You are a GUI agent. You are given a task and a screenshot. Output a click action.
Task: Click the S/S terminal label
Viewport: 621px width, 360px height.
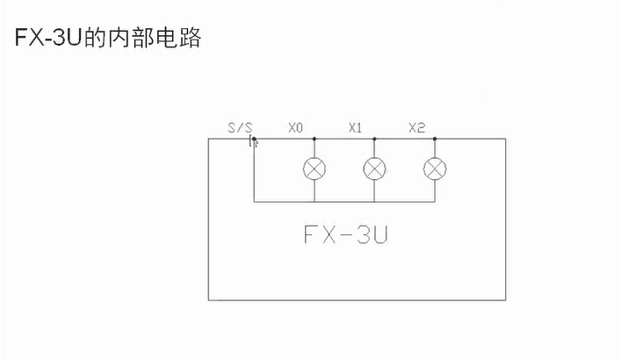pyautogui.click(x=240, y=128)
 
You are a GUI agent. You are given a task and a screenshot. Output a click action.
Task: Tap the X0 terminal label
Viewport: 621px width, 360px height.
pyautogui.click(x=296, y=128)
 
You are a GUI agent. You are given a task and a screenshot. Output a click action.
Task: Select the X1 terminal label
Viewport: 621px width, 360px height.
pyautogui.click(x=356, y=128)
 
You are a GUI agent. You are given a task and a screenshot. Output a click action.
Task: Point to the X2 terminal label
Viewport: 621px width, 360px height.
pyautogui.click(x=417, y=128)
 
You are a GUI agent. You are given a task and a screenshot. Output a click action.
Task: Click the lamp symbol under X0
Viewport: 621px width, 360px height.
pyautogui.click(x=314, y=169)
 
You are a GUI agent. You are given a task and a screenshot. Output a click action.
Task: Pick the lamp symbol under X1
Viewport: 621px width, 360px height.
pyautogui.click(x=375, y=169)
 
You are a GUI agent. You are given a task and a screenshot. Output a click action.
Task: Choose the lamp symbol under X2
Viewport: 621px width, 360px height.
pyautogui.click(x=435, y=169)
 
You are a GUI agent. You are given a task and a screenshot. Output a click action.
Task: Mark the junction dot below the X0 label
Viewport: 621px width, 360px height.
pyautogui.click(x=314, y=139)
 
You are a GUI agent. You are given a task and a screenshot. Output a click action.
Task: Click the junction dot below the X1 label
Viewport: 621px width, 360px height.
pyautogui.click(x=375, y=139)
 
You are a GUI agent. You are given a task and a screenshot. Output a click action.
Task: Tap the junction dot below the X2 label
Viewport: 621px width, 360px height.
pyautogui.click(x=435, y=139)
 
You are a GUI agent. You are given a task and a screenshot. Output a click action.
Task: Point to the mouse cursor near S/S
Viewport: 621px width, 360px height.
pyautogui.click(x=256, y=142)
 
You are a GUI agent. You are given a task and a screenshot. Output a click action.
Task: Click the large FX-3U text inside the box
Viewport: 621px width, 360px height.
pyautogui.click(x=345, y=235)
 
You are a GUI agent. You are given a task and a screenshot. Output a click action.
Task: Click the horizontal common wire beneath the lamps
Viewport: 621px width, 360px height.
pyautogui.click(x=351, y=201)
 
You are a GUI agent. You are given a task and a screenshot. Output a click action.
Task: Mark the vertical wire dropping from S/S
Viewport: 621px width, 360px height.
pyautogui.click(x=253, y=176)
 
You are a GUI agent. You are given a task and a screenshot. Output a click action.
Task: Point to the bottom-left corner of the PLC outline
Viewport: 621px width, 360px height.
pyautogui.click(x=209, y=299)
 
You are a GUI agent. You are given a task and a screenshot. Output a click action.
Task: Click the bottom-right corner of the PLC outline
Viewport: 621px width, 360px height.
pyautogui.click(x=506, y=299)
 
